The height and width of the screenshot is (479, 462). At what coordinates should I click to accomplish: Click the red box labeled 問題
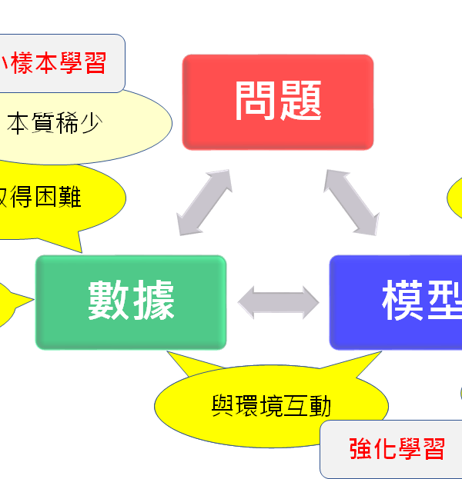277,101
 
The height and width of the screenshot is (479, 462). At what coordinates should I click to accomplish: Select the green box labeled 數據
131,301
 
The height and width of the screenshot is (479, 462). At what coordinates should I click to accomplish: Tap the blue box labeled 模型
397,301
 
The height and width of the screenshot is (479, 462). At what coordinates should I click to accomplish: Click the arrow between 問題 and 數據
204,201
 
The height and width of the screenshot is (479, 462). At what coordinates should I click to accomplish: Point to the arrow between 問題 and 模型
350,201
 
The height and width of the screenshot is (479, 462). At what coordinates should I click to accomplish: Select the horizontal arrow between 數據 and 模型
278,301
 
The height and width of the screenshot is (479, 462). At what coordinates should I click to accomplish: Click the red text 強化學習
397,449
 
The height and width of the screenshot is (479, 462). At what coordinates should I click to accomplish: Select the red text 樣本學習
59,63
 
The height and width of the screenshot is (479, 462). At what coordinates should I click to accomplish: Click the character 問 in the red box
256,101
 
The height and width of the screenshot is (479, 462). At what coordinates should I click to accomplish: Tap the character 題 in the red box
300,101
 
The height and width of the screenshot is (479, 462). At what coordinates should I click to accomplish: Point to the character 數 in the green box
109,301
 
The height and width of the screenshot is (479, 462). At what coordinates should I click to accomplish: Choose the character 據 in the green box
153,301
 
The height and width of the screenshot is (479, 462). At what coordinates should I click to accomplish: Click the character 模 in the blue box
403,301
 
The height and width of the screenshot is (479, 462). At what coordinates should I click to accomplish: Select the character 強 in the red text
360,449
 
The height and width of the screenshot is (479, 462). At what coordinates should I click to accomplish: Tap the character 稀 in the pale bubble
69,123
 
